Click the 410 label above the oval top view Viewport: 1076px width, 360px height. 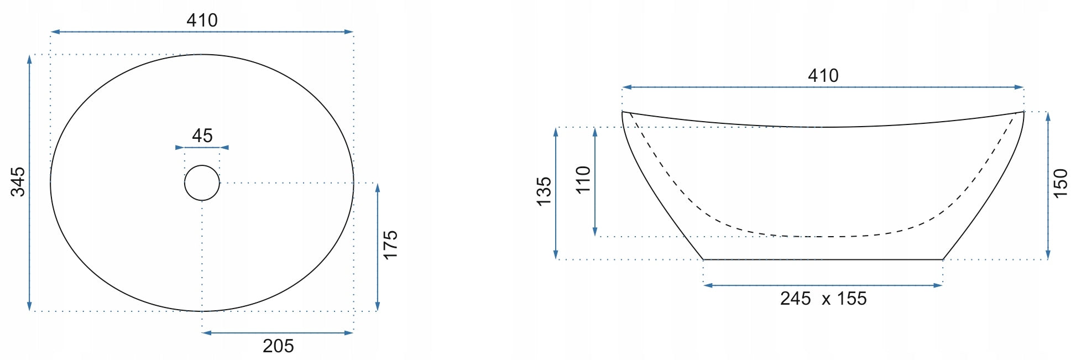pyautogui.click(x=202, y=20)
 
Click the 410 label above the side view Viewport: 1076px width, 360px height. pyautogui.click(x=823, y=76)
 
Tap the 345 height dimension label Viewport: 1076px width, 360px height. pyautogui.click(x=18, y=181)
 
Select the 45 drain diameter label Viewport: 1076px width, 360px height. pyautogui.click(x=202, y=135)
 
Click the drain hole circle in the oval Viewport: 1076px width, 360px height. pyautogui.click(x=202, y=165)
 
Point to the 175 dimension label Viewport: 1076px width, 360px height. pyautogui.click(x=390, y=245)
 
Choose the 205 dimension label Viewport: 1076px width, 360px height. pyautogui.click(x=278, y=346)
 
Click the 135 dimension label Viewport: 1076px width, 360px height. pyautogui.click(x=544, y=191)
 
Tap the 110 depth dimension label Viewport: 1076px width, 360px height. pyautogui.click(x=583, y=180)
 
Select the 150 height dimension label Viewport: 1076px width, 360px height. pyautogui.click(x=1060, y=184)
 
